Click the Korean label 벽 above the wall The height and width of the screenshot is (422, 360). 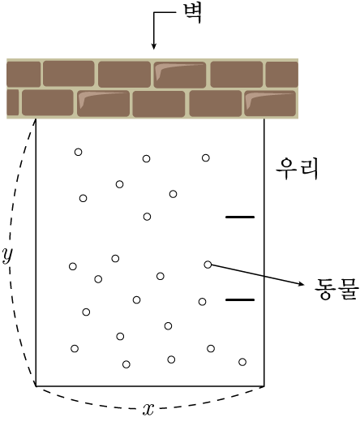192,14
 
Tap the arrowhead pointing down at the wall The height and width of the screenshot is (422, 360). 153,45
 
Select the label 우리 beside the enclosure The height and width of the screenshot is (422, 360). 297,169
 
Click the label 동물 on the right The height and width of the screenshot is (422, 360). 336,289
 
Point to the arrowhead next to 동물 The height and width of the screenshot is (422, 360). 301,283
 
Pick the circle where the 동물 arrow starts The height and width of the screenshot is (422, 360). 208,265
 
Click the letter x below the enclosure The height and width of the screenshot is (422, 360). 148,409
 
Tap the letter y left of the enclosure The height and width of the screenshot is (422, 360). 7,255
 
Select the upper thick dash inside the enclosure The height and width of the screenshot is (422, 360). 240,217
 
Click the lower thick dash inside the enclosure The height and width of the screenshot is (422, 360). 240,299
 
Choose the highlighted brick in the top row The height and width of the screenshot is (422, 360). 180,75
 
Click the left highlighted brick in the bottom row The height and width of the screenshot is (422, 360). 103,104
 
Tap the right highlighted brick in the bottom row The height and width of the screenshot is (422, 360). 270,104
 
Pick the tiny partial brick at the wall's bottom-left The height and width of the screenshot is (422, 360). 13,102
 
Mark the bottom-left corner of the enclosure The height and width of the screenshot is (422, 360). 36,386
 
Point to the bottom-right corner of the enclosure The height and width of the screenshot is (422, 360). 264,386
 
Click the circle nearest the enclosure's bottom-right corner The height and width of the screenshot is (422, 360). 242,362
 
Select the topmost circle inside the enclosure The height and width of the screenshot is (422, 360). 78,152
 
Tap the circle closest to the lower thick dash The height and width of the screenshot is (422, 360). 202,302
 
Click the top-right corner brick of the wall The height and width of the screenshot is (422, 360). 282,75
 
